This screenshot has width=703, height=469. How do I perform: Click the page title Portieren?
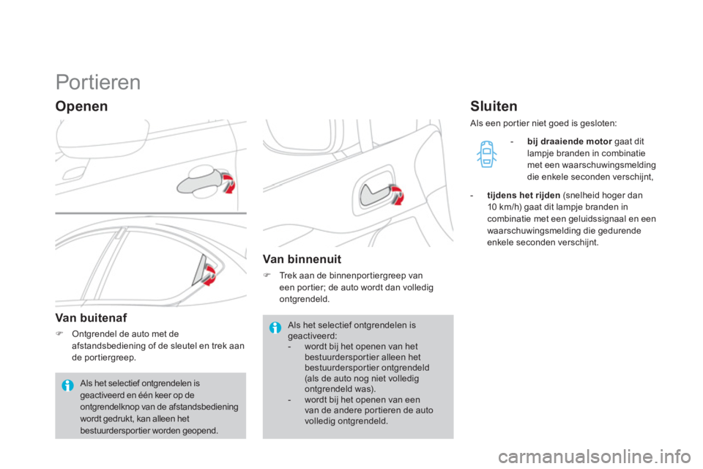pyautogui.click(x=98, y=83)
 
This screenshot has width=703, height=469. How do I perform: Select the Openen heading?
pyautogui.click(x=81, y=106)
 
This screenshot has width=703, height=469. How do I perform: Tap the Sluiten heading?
pyautogui.click(x=494, y=106)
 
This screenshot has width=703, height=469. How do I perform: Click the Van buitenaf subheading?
pyautogui.click(x=91, y=318)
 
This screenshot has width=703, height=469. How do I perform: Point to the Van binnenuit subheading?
pyautogui.click(x=302, y=259)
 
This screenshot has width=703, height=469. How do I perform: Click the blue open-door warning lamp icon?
pyautogui.click(x=486, y=154)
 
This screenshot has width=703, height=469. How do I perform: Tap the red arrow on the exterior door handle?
pyautogui.click(x=229, y=183)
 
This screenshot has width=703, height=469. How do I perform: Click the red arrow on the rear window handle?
pyautogui.click(x=209, y=275)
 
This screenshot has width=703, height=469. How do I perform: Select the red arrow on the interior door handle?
pyautogui.click(x=397, y=195)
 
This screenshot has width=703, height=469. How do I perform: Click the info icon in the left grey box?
pyautogui.click(x=67, y=385)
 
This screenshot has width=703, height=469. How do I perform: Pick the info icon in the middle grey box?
pyautogui.click(x=275, y=328)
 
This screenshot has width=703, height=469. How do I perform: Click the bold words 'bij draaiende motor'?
pyautogui.click(x=570, y=141)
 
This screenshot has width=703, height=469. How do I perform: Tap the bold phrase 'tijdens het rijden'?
pyautogui.click(x=524, y=195)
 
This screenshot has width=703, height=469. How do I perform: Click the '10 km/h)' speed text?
pyautogui.click(x=505, y=207)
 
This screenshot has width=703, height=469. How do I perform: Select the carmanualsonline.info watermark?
pyautogui.click(x=595, y=457)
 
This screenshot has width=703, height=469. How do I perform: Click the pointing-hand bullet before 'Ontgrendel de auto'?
pyautogui.click(x=59, y=333)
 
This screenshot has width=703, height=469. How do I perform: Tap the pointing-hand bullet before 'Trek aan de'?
pyautogui.click(x=267, y=275)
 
